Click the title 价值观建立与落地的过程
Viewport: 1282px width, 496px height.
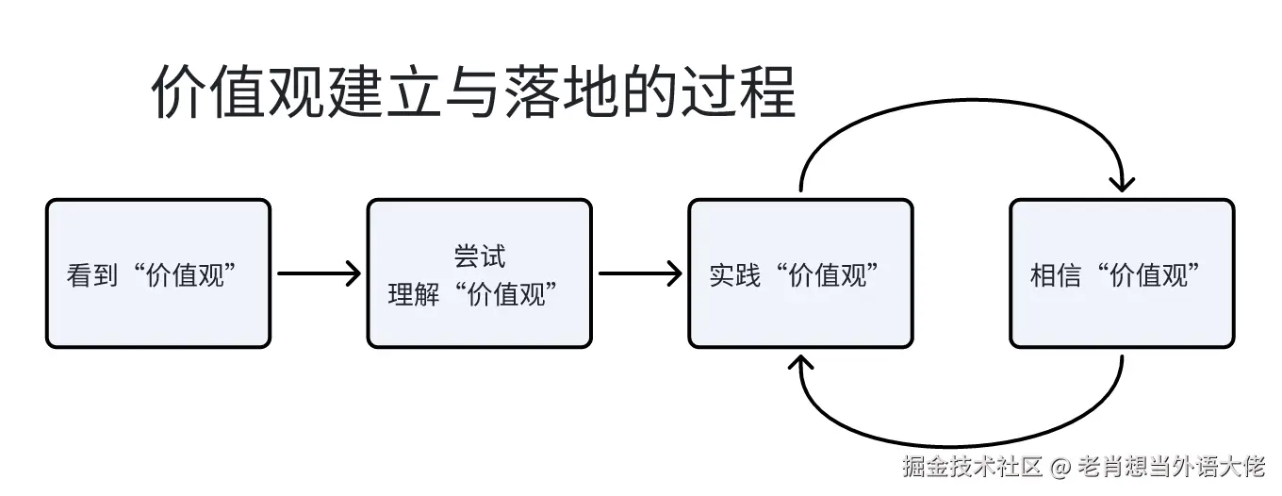coord(473,91)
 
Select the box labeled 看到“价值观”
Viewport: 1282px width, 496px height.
coord(158,273)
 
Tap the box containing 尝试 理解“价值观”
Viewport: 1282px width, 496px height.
coord(479,273)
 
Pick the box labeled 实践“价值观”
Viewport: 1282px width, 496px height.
coord(800,273)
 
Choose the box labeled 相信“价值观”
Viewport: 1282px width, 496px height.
coord(1122,273)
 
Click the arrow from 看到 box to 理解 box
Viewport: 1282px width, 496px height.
coord(319,274)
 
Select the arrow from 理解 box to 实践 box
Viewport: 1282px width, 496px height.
coord(640,274)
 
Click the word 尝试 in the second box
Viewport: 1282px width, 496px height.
coord(479,256)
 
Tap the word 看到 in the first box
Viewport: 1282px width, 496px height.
coord(91,275)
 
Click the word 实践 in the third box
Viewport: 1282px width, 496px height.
coord(734,275)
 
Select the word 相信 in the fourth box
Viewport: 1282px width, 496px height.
coord(1056,275)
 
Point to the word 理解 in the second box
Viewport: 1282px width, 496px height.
coord(413,294)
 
